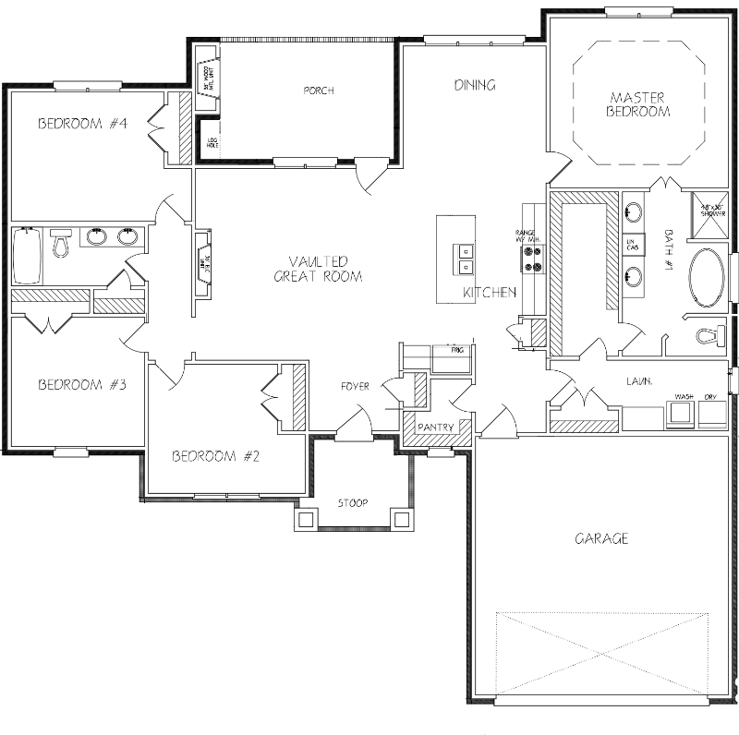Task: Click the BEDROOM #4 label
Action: tap(81, 124)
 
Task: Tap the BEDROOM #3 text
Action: tap(81, 385)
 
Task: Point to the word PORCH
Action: tap(318, 90)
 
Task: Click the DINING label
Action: tap(475, 85)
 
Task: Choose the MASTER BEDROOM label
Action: tap(637, 103)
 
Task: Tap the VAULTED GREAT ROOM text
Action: tap(317, 269)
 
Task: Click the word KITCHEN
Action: tap(489, 293)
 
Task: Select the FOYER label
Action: tap(355, 386)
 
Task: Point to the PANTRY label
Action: tap(436, 428)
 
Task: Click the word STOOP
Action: tap(352, 503)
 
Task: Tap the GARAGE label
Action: tap(601, 538)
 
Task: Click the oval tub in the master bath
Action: tap(709, 278)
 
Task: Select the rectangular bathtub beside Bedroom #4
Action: tap(27, 257)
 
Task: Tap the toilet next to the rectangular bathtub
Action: tap(62, 244)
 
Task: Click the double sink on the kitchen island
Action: tap(462, 259)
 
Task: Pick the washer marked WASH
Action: tap(684, 413)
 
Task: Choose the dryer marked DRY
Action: tap(712, 413)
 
